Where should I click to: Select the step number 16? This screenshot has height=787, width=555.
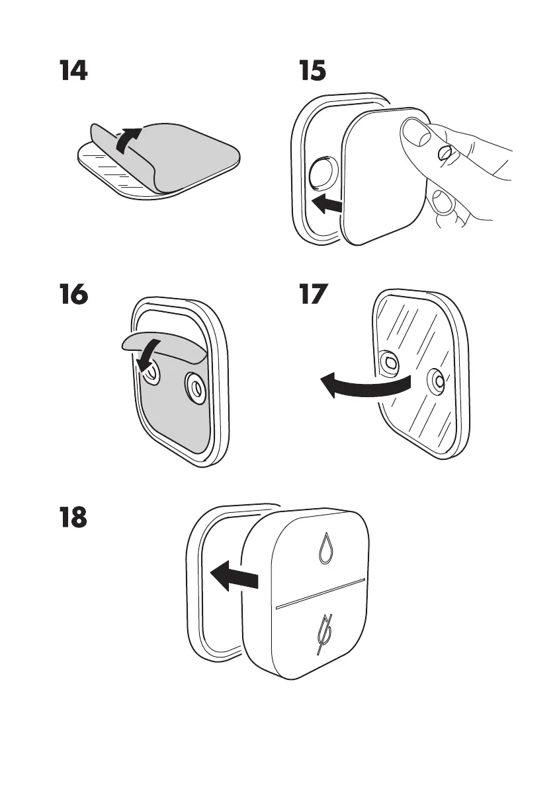72,295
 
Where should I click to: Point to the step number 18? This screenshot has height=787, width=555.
72,519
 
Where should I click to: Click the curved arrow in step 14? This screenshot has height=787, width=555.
129,139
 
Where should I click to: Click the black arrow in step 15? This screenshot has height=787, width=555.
327,205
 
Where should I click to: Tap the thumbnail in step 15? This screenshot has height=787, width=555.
415,135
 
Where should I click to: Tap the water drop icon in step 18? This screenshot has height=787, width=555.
325,548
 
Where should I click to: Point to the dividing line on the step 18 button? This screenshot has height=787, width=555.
320,593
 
